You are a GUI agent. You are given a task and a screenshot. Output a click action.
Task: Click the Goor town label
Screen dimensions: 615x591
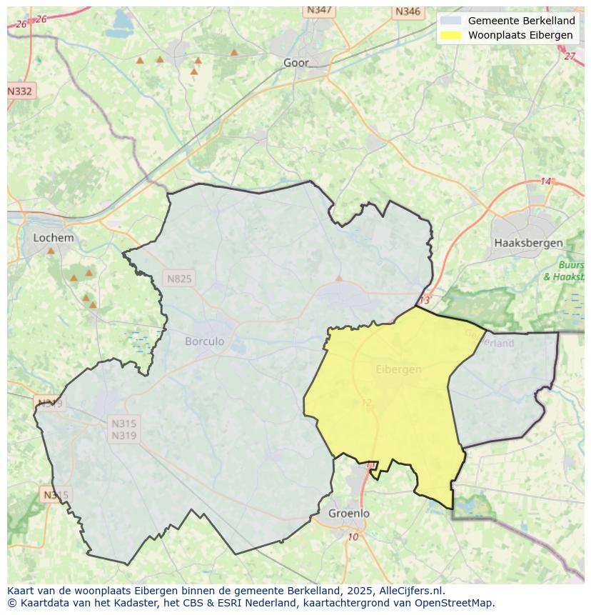coord(296,63)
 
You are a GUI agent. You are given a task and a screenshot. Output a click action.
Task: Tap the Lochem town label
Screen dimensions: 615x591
coord(54,238)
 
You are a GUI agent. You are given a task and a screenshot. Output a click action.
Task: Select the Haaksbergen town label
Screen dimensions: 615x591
coord(528,243)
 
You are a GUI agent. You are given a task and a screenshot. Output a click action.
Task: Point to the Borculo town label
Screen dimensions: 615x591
coord(204,341)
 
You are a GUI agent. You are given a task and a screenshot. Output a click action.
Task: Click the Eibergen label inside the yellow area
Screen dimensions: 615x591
coord(398,369)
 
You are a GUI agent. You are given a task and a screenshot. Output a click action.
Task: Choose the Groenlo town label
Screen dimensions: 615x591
coord(349,513)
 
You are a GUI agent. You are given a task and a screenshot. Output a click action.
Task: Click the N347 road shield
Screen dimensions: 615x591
coord(319,10)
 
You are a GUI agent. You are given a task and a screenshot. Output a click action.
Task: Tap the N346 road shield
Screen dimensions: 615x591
coord(408,11)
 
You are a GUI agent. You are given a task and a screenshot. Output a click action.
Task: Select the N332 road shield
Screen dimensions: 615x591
coord(20,91)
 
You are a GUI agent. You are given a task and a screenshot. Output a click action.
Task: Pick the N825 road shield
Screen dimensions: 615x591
coord(178,279)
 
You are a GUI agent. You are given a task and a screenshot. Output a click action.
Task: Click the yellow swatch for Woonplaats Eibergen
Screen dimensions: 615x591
coord(450,35)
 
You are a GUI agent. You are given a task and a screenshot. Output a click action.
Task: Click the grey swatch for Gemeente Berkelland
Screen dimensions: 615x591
coord(450,21)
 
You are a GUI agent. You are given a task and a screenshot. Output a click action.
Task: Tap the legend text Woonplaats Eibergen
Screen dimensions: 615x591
coord(520,35)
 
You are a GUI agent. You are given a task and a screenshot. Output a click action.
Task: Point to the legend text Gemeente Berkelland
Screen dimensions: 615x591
coord(521,21)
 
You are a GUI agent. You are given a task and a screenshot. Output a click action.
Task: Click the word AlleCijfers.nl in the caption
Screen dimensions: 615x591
coord(410,591)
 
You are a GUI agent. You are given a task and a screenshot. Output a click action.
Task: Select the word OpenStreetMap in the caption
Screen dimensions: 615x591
coord(458,602)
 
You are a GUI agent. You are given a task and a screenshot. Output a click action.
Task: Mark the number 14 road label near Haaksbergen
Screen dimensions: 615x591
coord(546,181)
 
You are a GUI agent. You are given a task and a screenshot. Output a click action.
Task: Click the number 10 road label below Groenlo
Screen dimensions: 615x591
coord(353,537)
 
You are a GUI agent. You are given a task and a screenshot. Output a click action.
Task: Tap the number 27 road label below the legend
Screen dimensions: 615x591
coord(569,56)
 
